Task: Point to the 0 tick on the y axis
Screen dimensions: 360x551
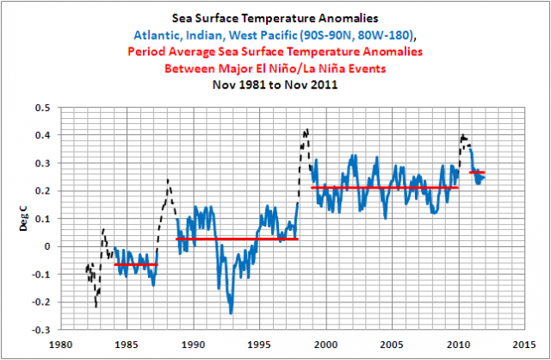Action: pyautogui.click(x=48, y=246)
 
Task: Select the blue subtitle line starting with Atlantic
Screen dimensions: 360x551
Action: pyautogui.click(x=275, y=35)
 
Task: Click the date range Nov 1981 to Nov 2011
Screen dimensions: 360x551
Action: pyautogui.click(x=275, y=84)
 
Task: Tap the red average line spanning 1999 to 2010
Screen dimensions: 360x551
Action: pyautogui.click(x=384, y=187)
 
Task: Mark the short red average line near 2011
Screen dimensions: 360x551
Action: pyautogui.click(x=477, y=172)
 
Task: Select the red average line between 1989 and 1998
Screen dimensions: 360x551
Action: pyautogui.click(x=237, y=239)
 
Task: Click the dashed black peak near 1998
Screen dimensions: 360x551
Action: pyautogui.click(x=306, y=131)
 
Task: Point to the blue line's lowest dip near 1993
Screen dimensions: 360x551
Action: pyautogui.click(x=231, y=312)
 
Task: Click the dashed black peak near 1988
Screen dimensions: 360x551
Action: pyautogui.click(x=168, y=180)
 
